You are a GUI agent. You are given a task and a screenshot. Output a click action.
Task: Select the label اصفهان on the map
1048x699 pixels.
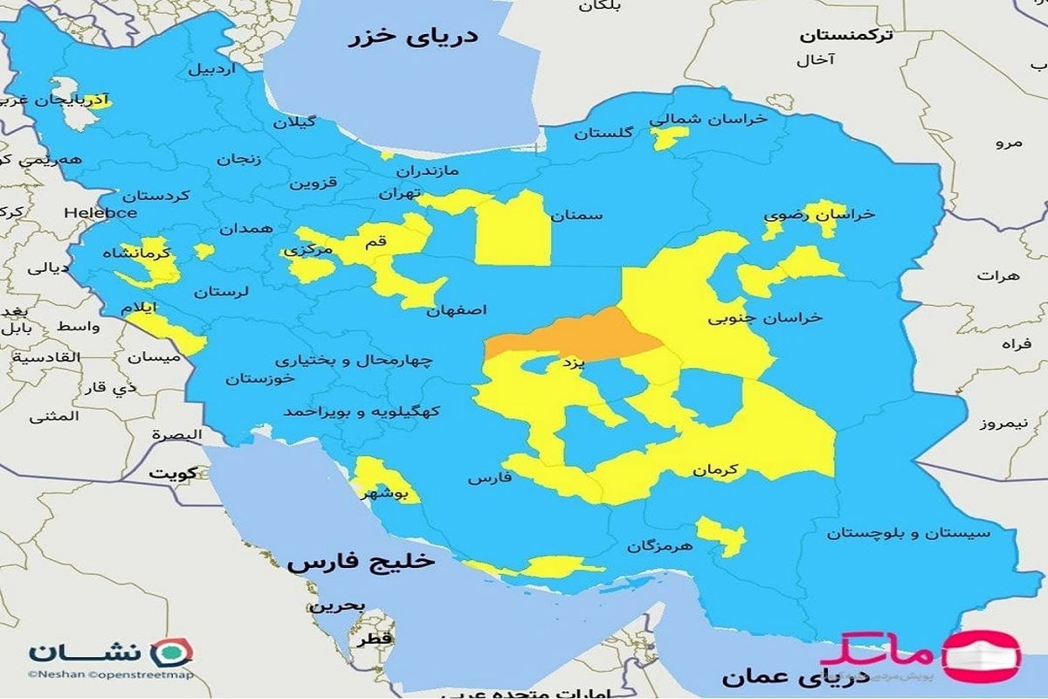(x=457, y=310)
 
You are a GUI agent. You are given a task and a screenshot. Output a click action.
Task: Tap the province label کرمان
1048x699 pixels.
(x=715, y=470)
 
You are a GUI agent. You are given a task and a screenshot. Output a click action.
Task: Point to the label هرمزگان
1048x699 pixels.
(x=659, y=546)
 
